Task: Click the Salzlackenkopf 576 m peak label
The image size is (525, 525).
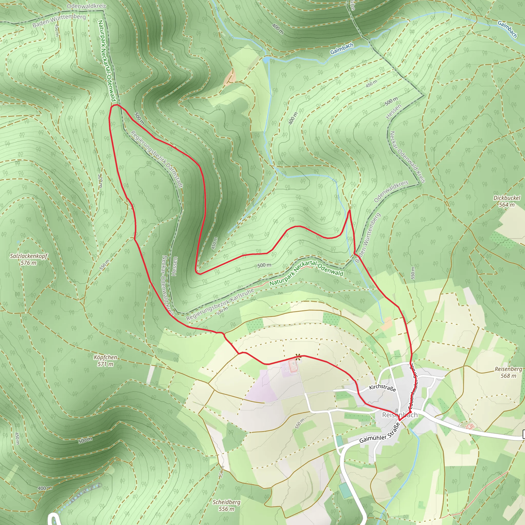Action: click(28, 259)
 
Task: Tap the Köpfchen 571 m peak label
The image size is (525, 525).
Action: click(105, 360)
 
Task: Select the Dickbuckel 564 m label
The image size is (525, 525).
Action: click(507, 201)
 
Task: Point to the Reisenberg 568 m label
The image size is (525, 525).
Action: click(508, 372)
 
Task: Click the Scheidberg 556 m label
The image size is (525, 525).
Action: click(226, 505)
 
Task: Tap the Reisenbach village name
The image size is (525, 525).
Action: click(400, 415)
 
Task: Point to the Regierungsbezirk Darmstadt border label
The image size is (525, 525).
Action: click(157, 159)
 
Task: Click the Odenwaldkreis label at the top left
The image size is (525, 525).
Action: click(86, 6)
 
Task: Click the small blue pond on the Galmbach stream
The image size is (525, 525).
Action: click(266, 59)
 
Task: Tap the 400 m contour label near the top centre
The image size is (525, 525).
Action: click(278, 29)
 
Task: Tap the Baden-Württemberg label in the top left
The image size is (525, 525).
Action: click(59, 21)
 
